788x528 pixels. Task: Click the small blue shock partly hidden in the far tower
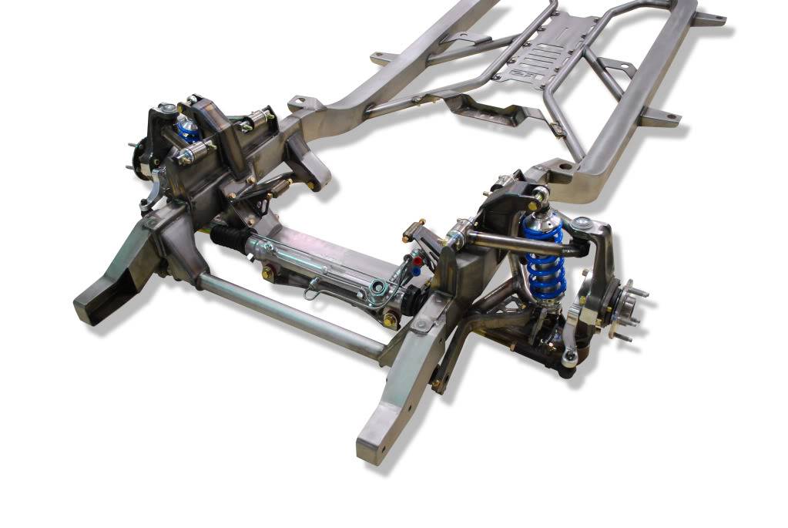click(187, 129)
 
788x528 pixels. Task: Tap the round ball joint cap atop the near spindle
click(581, 224)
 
